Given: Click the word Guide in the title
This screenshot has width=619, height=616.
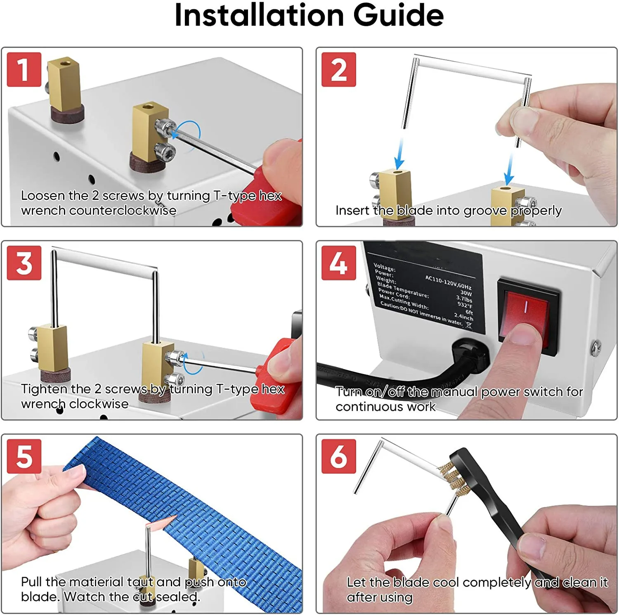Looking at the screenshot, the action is [398, 15].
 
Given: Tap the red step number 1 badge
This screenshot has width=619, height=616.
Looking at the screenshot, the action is [24, 69].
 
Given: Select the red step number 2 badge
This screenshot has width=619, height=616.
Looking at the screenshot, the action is [338, 69].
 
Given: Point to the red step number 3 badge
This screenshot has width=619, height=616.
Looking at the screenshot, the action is [24, 263].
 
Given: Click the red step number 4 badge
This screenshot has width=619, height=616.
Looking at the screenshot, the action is [338, 263].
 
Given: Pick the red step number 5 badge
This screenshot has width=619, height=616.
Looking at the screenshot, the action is [24, 456].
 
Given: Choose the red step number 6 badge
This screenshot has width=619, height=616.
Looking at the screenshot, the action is [338, 456].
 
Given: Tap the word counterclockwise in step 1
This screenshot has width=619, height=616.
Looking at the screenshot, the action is [123, 211].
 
